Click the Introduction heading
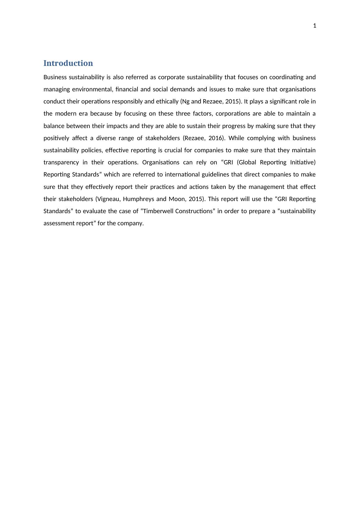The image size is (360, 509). pos(68,63)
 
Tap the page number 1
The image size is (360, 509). pos(315,26)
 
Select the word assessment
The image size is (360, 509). pos(59,223)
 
